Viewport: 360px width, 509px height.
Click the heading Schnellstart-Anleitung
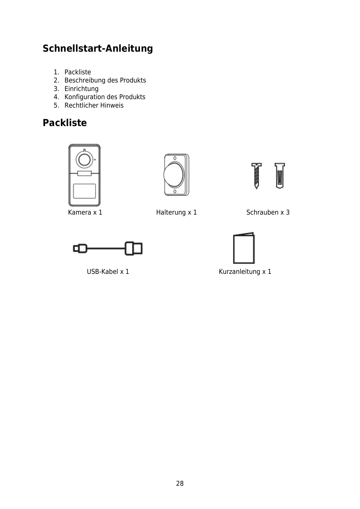coord(98,48)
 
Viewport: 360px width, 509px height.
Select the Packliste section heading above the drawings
coord(65,123)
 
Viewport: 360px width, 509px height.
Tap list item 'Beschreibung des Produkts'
coord(105,80)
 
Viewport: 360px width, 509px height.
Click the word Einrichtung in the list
coord(81,89)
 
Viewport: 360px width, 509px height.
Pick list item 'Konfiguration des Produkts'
coord(105,97)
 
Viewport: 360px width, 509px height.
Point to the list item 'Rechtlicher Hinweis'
coord(94,105)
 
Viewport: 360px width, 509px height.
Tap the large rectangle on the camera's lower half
coord(84,191)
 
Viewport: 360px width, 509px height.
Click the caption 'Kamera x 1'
coord(85,212)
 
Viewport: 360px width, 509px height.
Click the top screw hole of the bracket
coord(175,158)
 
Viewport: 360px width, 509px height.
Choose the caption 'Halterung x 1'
coord(176,212)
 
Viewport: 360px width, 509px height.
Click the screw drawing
coord(256,176)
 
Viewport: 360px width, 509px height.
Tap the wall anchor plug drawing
coord(280,176)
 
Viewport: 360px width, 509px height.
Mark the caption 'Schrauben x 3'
coord(268,212)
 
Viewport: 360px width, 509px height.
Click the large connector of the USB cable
coord(134,248)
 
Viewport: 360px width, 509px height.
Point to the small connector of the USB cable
coord(80,249)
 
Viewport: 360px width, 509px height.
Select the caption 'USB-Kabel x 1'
coord(108,272)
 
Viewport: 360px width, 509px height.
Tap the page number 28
coord(180,484)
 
